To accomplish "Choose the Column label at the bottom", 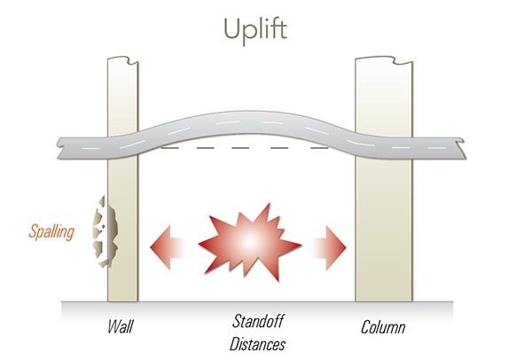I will coord(383,327).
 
